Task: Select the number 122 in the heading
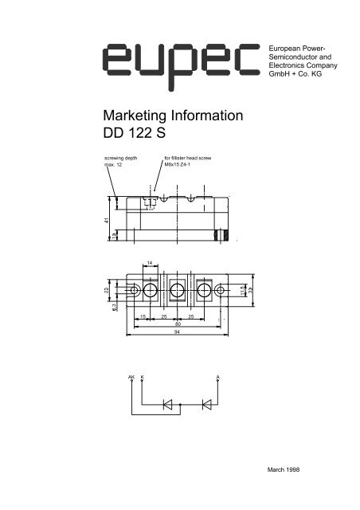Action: coord(145,135)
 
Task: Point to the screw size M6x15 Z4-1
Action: coord(179,165)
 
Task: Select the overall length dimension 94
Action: coord(178,335)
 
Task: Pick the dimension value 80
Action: coord(178,324)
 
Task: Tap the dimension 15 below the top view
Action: coord(143,317)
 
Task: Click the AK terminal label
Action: coord(131,375)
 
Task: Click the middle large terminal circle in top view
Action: coord(177,291)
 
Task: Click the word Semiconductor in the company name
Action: coord(301,58)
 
